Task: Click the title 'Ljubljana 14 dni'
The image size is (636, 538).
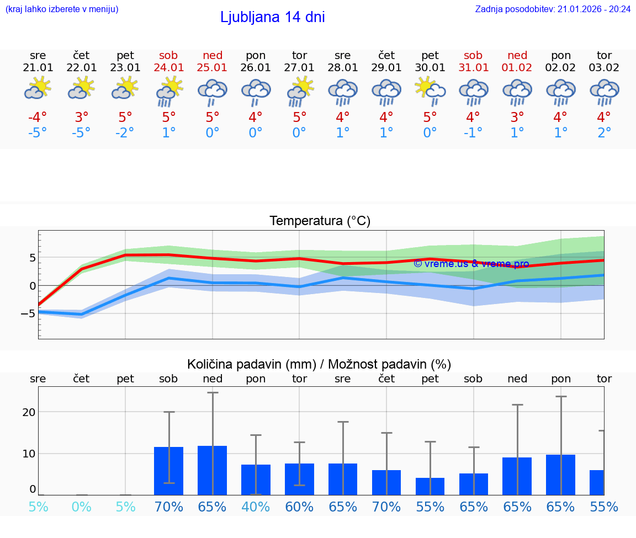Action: click(272, 17)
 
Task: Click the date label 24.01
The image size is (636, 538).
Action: click(169, 68)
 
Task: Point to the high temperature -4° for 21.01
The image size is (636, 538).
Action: click(38, 118)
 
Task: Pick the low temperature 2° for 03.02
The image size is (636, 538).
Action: click(604, 133)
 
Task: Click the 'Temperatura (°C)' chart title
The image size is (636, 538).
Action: click(320, 221)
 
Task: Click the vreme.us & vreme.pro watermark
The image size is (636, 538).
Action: click(471, 264)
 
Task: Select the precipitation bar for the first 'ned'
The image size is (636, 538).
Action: click(213, 470)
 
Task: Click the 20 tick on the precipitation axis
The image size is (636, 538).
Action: click(29, 412)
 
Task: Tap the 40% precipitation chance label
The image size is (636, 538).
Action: click(256, 507)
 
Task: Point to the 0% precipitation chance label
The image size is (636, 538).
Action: click(81, 507)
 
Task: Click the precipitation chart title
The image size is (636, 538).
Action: click(319, 364)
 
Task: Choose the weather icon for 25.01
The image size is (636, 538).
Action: click(213, 92)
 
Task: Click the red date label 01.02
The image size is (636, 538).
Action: click(517, 68)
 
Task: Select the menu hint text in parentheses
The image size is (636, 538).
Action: click(62, 9)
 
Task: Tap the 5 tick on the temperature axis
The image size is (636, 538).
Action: click(33, 258)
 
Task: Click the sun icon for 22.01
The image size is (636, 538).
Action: click(81, 88)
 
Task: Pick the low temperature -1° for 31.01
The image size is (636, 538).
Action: click(474, 133)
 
